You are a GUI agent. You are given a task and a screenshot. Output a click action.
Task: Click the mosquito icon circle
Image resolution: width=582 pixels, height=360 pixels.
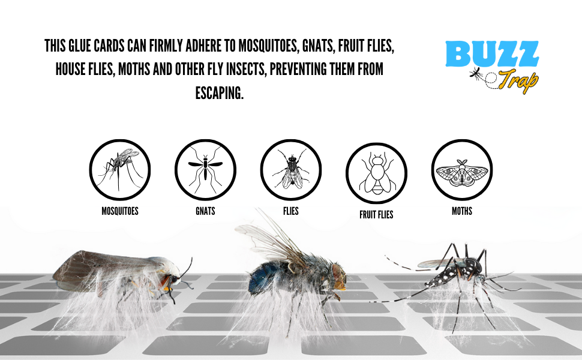click(x=120, y=169)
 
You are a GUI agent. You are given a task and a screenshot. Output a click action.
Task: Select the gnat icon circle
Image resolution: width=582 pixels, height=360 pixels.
click(x=205, y=169)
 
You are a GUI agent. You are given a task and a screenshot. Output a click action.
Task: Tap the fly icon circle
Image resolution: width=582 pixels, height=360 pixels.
click(x=291, y=169)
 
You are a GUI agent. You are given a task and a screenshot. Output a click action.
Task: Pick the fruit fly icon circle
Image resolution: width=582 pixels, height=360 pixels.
click(x=376, y=173)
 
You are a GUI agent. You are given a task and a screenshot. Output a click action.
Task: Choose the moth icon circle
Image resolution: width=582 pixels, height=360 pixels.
click(x=462, y=169)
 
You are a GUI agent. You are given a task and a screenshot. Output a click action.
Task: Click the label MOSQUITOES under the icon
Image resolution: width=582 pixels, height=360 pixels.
click(x=120, y=211)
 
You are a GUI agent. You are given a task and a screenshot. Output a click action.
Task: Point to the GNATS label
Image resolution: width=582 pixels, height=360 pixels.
click(x=205, y=211)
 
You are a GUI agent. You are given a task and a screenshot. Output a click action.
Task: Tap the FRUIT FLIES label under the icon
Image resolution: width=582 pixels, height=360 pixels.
click(x=376, y=214)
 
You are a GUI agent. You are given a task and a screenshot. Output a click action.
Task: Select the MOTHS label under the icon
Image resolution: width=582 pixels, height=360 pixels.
click(x=462, y=211)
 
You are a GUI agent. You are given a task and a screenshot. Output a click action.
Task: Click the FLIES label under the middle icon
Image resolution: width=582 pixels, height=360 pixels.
click(x=291, y=211)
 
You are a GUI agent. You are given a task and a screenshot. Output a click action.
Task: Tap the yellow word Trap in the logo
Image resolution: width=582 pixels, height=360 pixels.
click(x=517, y=80)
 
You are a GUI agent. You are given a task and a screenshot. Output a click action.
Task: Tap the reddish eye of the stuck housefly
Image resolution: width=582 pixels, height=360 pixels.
click(x=338, y=275)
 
